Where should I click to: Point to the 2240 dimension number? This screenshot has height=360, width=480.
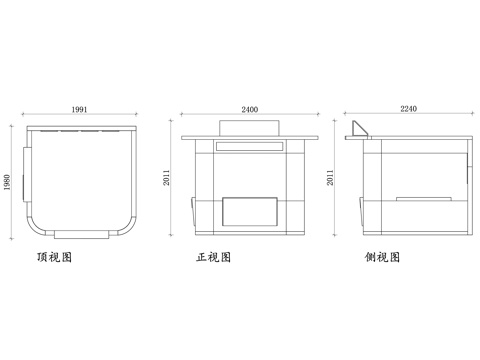pyautogui.click(x=408, y=108)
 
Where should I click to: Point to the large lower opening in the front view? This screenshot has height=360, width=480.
pyautogui.click(x=249, y=211)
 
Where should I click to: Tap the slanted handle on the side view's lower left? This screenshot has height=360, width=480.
pyautogui.click(x=359, y=210)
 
